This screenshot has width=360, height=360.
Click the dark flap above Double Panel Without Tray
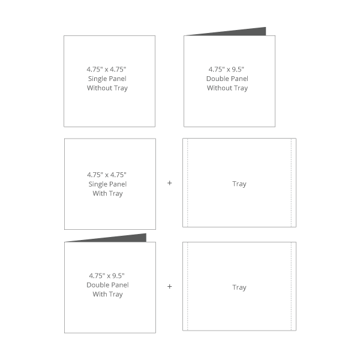point(241,32)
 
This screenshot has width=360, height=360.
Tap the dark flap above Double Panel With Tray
point(122,239)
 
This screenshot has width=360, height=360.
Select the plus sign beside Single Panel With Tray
point(169,183)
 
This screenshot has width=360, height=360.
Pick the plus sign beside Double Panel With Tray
point(169,287)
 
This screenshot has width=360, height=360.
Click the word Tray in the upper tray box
point(239,184)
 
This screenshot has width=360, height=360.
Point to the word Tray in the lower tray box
point(239,287)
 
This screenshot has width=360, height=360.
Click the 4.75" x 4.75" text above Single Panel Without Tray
point(107,70)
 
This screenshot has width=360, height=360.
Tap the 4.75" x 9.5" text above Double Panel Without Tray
point(226,70)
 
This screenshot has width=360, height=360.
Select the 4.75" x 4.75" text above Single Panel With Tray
point(107,175)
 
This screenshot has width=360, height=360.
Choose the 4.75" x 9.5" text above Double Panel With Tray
point(107,275)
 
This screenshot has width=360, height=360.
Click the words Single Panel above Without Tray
point(107,79)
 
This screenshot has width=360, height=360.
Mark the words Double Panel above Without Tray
point(227,79)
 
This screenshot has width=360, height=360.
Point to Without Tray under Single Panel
point(107,88)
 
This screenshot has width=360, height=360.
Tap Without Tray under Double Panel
point(227,88)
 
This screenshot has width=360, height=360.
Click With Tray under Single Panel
point(107,194)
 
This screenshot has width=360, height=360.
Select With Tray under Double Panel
point(107,295)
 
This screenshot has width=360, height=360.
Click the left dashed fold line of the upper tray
point(188,183)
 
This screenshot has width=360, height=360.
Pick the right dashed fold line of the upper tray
point(292,183)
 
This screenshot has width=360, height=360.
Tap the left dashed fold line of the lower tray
point(188,286)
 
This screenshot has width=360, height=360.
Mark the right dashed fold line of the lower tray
point(292,286)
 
